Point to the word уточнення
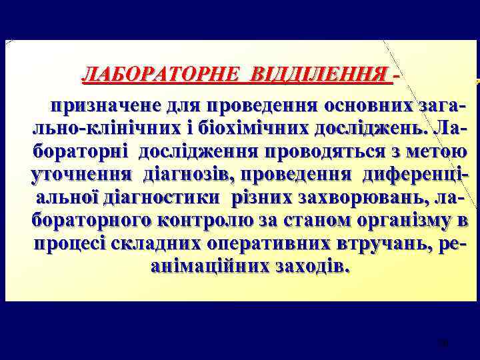82,175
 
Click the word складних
165,244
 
